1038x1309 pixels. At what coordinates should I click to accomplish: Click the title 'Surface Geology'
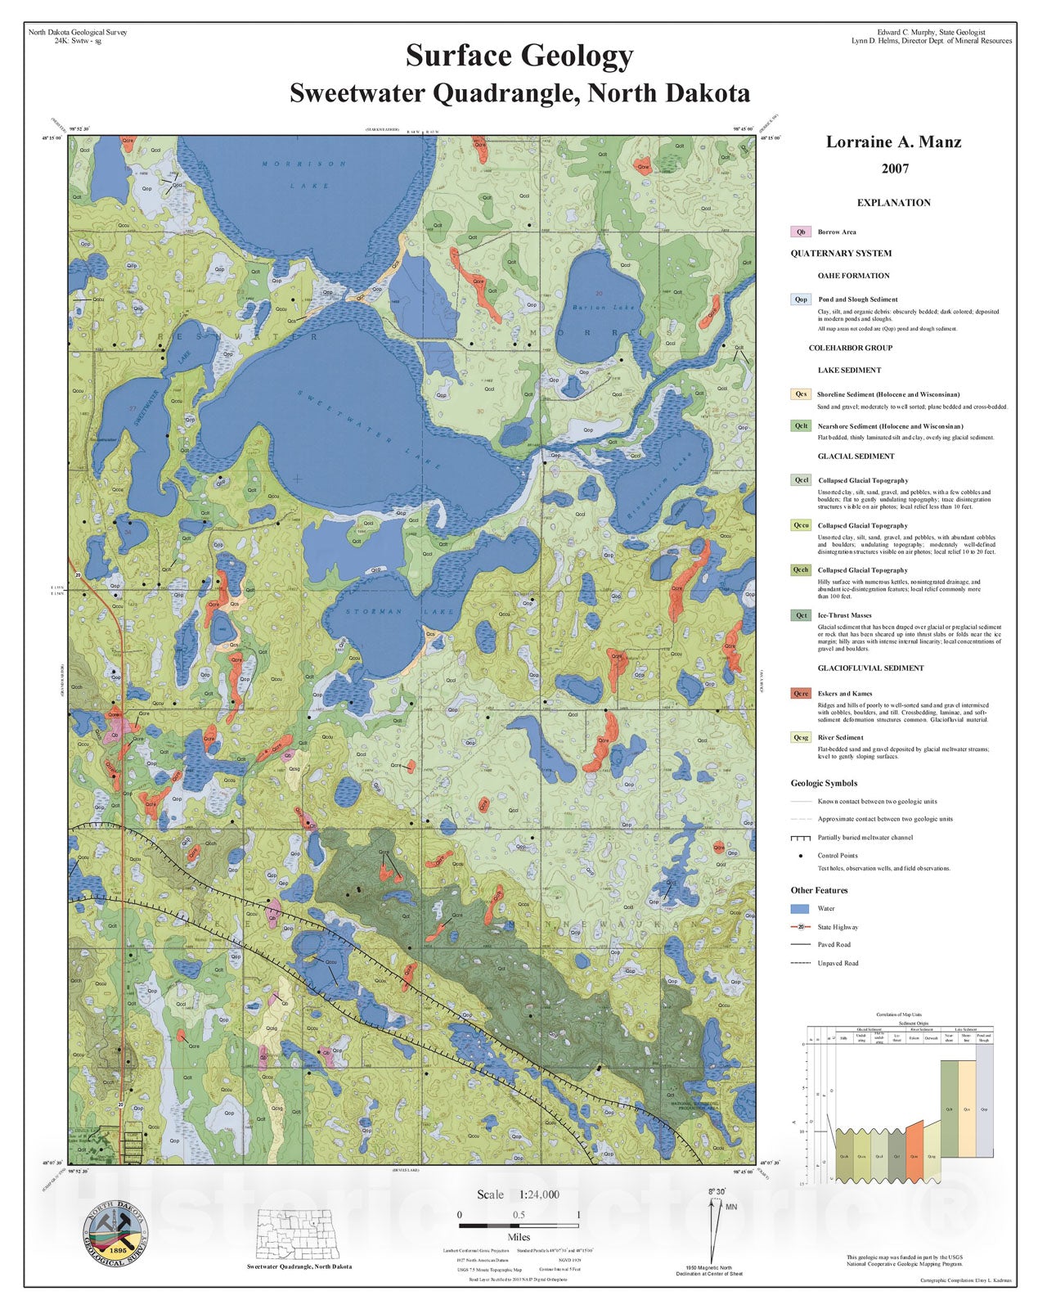coord(519,56)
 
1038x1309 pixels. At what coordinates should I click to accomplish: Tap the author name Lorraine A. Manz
coord(893,142)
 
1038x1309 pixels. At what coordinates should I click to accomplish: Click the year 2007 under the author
coord(894,169)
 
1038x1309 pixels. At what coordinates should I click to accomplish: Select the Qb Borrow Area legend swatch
coord(801,232)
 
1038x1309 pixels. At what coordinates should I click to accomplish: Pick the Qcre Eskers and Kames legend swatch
coord(801,694)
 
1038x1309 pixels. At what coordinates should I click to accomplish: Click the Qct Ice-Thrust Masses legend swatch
coord(801,615)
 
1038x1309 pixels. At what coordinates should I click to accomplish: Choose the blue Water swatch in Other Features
coord(801,909)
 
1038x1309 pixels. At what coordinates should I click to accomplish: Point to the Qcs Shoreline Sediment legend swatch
coord(801,394)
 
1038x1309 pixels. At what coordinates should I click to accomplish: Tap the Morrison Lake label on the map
coord(304,174)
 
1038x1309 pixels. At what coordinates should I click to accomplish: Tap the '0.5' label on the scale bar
coord(519,1215)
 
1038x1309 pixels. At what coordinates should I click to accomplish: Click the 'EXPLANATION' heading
coord(893,203)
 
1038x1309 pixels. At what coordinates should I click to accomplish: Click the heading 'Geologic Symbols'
coord(824,783)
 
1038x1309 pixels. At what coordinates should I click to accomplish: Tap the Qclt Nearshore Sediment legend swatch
coord(801,426)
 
